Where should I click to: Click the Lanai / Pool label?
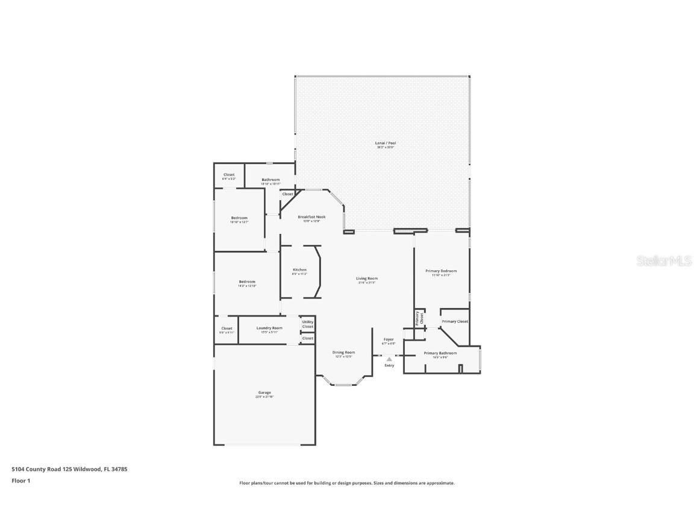[x=386, y=144]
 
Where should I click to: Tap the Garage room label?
[x=264, y=393]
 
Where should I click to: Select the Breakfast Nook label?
[x=311, y=217]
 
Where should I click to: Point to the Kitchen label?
[x=299, y=270]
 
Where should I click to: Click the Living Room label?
[x=366, y=279]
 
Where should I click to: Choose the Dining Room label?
[x=343, y=353]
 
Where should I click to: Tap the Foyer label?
[x=389, y=340]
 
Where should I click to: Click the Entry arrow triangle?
[x=389, y=359]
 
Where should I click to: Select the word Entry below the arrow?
[x=389, y=365]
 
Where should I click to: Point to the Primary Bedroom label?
[x=441, y=271]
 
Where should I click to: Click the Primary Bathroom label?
[x=440, y=353]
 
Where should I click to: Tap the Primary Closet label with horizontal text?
[x=455, y=321]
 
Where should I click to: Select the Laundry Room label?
[x=269, y=328]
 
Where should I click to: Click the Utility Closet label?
[x=308, y=324]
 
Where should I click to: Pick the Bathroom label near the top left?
[x=270, y=180]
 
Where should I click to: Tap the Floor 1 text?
[x=20, y=481]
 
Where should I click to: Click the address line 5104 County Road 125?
[x=69, y=469]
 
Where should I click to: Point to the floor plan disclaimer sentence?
[x=347, y=483]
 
